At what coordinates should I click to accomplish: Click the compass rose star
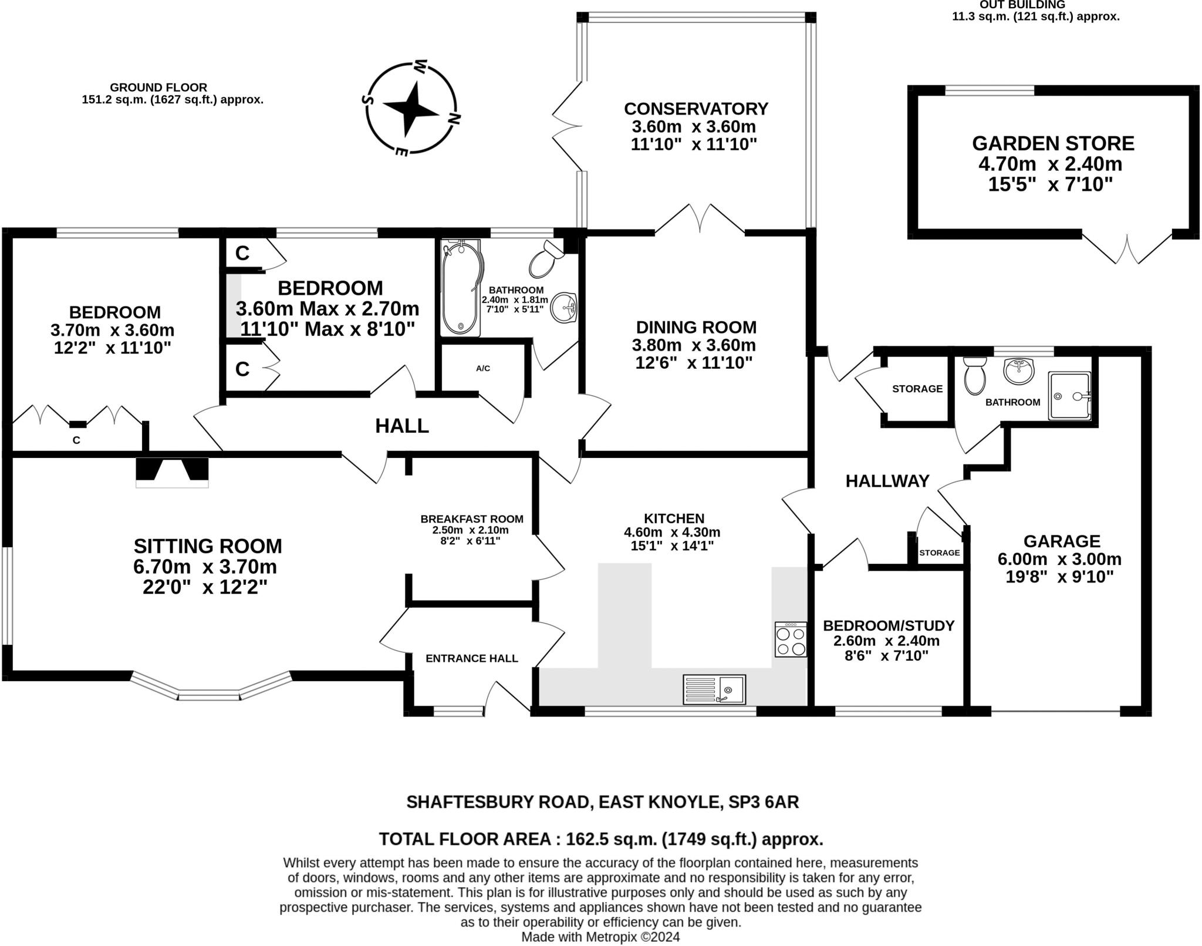(x=411, y=109)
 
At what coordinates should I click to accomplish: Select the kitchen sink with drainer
(x=714, y=689)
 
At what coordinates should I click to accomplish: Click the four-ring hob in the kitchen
(x=790, y=640)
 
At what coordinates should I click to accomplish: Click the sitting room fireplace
(x=172, y=472)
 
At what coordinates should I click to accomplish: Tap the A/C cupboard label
(x=482, y=368)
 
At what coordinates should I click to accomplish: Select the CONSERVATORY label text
(x=695, y=109)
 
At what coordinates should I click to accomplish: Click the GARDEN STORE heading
(x=1053, y=143)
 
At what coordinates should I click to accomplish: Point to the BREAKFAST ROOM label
(x=471, y=519)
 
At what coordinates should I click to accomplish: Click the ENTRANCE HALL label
(x=471, y=658)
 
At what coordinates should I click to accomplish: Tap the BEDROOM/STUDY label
(x=888, y=625)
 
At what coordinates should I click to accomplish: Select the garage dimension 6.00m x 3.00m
(x=1059, y=558)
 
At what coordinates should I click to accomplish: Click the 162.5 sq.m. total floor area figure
(x=610, y=839)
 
